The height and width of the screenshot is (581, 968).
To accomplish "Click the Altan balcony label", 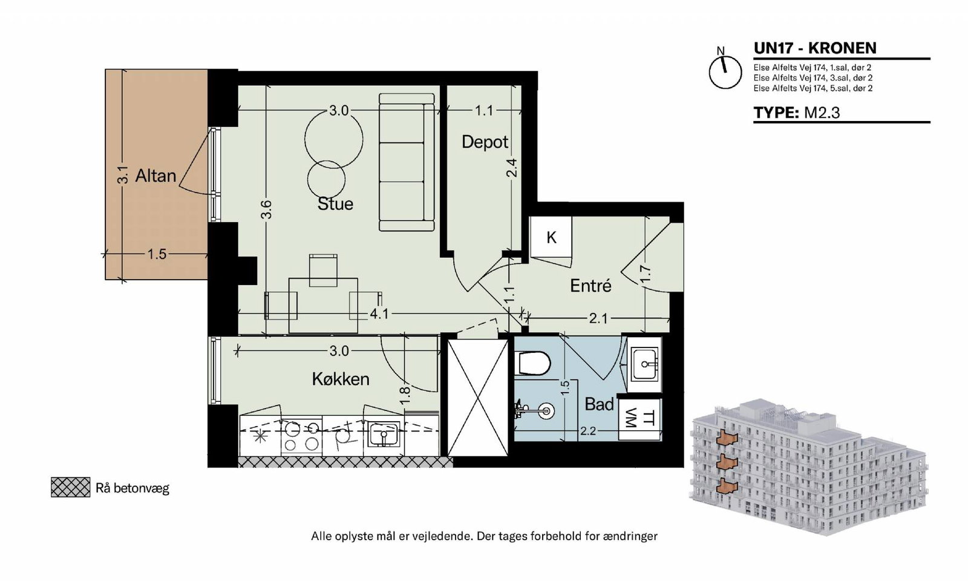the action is pyautogui.click(x=155, y=176).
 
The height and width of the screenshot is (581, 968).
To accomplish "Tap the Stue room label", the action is pyautogui.click(x=335, y=203).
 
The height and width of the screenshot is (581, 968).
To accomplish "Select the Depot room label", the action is pyautogui.click(x=485, y=142).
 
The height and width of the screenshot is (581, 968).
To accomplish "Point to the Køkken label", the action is pyautogui.click(x=341, y=379).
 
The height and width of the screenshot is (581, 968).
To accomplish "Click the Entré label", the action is pyautogui.click(x=590, y=286).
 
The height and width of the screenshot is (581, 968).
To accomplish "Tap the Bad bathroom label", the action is pyautogui.click(x=599, y=404).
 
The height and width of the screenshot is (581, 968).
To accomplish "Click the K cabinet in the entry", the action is pyautogui.click(x=551, y=237).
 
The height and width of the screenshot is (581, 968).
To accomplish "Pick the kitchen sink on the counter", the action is pyautogui.click(x=384, y=433).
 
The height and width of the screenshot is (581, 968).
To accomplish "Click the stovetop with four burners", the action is pyautogui.click(x=301, y=436).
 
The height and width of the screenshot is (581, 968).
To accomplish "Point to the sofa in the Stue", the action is pyautogui.click(x=407, y=162).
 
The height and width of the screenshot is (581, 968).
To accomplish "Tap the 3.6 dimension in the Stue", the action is pyautogui.click(x=267, y=209).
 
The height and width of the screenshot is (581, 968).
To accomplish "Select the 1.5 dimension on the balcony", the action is pyautogui.click(x=157, y=254).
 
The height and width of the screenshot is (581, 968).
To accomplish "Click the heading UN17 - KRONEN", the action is pyautogui.click(x=815, y=48).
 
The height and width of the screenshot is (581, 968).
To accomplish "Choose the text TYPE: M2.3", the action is pyautogui.click(x=797, y=113).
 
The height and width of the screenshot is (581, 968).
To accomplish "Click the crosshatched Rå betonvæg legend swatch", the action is pyautogui.click(x=70, y=487).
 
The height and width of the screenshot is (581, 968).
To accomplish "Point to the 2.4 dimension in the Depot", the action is pyautogui.click(x=511, y=168).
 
